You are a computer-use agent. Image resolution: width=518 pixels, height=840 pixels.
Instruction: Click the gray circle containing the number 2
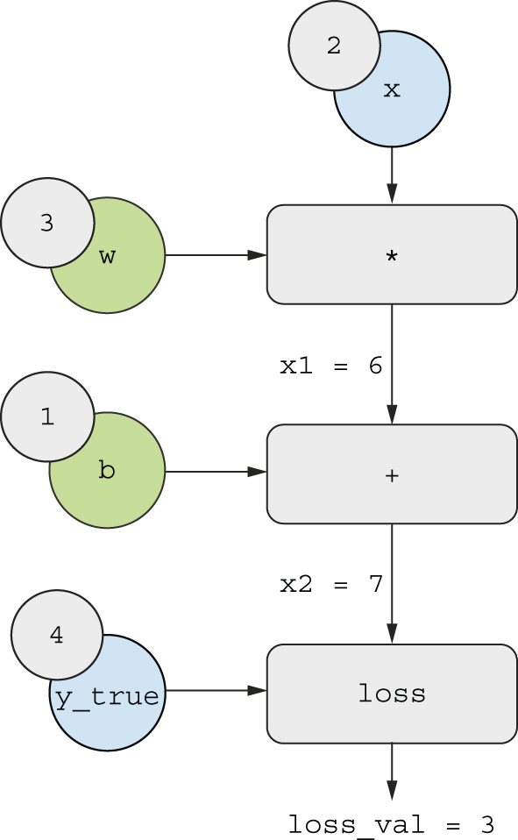(x=334, y=45)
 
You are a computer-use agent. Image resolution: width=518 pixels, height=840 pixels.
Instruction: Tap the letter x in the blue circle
(x=392, y=89)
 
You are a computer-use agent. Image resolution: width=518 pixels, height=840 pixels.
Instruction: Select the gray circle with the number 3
(x=47, y=223)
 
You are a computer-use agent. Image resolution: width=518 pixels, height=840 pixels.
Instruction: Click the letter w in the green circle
(x=107, y=256)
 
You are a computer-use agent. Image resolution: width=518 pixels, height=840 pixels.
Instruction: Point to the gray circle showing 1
(x=47, y=416)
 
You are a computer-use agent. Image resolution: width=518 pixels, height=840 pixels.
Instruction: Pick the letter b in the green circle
(x=107, y=469)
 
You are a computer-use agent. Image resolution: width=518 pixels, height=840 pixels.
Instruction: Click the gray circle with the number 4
(x=57, y=635)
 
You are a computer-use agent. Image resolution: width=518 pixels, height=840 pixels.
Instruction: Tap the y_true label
(x=107, y=697)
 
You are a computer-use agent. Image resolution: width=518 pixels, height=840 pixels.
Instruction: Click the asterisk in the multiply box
(x=392, y=256)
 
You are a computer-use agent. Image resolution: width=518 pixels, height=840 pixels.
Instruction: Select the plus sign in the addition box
(x=392, y=475)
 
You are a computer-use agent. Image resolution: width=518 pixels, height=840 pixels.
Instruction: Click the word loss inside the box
(x=392, y=694)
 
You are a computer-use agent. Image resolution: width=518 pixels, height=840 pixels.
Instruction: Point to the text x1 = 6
(x=331, y=366)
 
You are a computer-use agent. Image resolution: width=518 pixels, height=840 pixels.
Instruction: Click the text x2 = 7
(x=331, y=584)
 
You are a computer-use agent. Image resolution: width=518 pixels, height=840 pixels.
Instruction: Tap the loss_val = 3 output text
(x=391, y=825)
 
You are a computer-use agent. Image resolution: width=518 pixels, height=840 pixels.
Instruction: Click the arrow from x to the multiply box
(x=392, y=175)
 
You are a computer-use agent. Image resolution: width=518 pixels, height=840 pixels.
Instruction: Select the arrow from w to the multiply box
(x=216, y=255)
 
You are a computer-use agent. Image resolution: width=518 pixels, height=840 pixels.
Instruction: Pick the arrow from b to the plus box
(x=216, y=472)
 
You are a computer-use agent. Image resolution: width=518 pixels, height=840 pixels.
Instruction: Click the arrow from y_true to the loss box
(x=216, y=691)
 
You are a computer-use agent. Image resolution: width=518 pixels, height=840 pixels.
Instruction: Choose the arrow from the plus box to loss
(x=392, y=584)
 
